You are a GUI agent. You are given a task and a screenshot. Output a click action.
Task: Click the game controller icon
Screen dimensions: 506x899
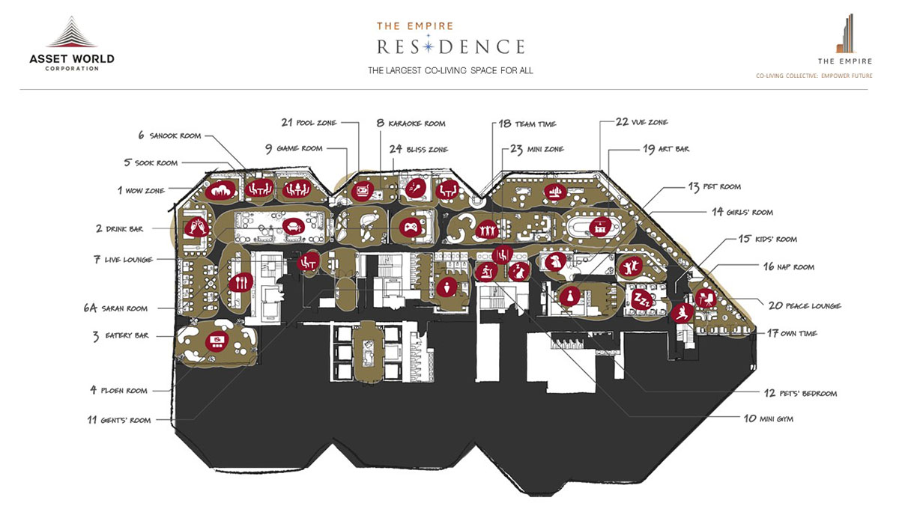pos(410,226)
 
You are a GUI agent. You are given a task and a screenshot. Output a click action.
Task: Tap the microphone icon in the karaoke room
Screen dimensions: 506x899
pos(414,190)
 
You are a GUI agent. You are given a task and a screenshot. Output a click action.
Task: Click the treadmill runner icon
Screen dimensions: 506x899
pos(485,271)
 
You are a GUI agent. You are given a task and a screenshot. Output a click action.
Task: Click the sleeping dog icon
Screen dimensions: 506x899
pos(555,261)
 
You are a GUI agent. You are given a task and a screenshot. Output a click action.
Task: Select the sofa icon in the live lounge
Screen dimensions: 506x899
pos(291,225)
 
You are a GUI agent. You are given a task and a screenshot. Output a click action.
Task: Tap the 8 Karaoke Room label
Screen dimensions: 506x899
pos(411,123)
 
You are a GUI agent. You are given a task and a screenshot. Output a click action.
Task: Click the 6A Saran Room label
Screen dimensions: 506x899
pos(115,308)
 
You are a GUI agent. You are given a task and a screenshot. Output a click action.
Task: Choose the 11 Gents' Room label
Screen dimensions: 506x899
pos(119,421)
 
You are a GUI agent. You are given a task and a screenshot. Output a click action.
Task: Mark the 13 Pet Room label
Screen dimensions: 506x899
pos(714,186)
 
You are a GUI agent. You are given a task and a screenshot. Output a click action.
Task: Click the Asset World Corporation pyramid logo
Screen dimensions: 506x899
pos(72,34)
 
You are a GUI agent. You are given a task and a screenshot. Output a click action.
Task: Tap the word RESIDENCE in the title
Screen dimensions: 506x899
pos(451,46)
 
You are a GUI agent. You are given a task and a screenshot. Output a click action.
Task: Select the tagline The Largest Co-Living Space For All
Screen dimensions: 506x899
pos(450,70)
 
